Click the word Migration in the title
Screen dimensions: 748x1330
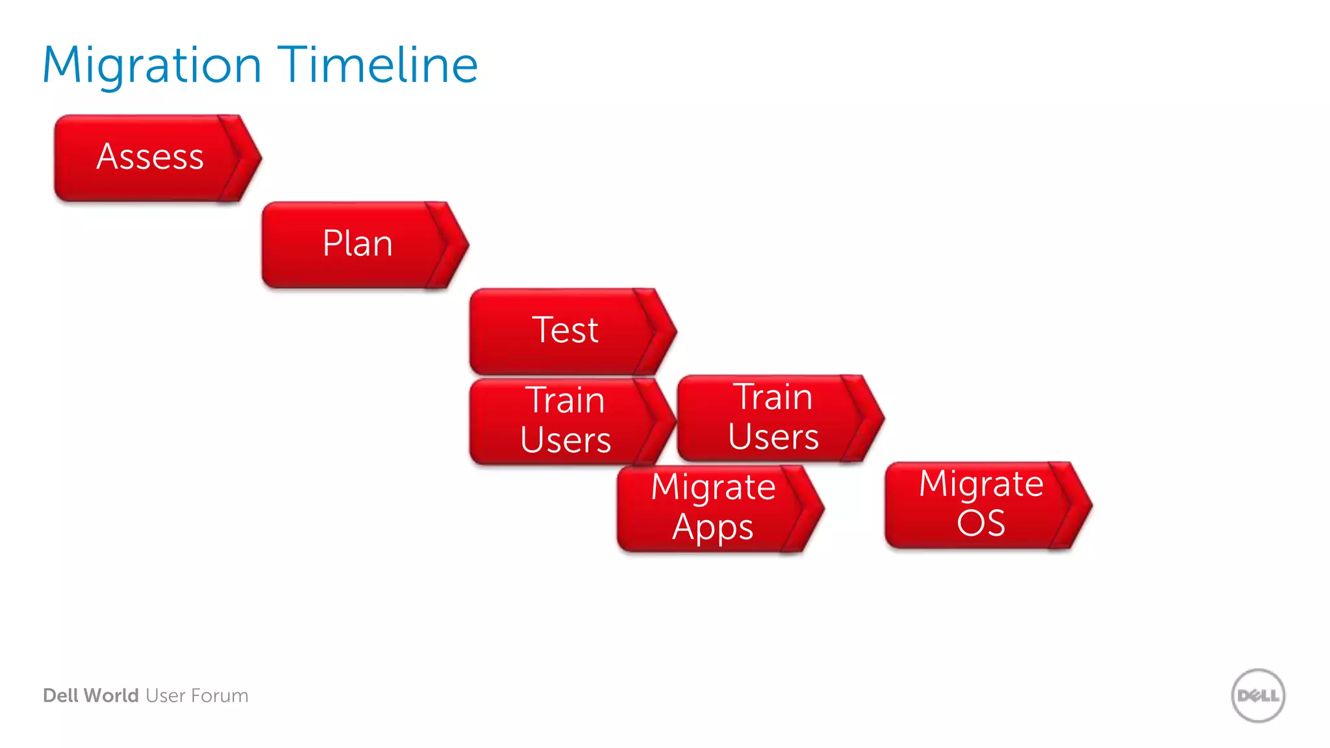click(x=152, y=66)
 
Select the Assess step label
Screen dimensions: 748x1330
click(x=150, y=157)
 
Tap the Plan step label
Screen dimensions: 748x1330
click(x=358, y=243)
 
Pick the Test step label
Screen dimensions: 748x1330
click(x=565, y=330)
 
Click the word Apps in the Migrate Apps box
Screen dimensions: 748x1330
click(x=712, y=527)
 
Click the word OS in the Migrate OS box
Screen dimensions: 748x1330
click(x=981, y=523)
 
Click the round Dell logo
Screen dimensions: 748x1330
click(x=1258, y=695)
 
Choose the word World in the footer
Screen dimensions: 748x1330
click(x=111, y=695)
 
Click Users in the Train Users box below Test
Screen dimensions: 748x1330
click(x=566, y=440)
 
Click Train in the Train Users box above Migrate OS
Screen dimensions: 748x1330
click(x=773, y=397)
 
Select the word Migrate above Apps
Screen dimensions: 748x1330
click(x=713, y=487)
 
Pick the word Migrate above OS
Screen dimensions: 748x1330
click(x=981, y=484)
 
